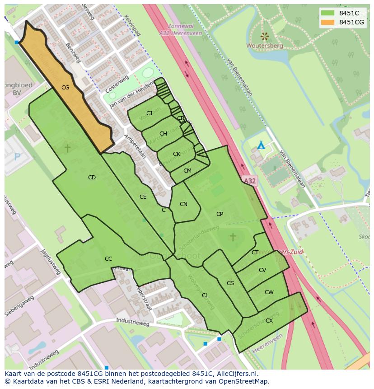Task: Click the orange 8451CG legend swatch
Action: tap(328, 22)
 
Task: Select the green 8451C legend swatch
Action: tap(328, 13)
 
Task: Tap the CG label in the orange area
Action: tap(65, 88)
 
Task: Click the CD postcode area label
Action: tap(92, 178)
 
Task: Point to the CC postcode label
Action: tap(108, 259)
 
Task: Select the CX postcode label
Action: tap(269, 321)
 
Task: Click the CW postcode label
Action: tap(269, 292)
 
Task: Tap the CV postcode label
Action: tap(262, 270)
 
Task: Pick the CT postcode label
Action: tap(255, 253)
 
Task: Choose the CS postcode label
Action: tap(230, 283)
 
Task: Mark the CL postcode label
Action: tap(205, 295)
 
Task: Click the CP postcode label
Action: tap(220, 214)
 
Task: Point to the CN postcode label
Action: tap(183, 204)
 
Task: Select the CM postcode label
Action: tap(187, 171)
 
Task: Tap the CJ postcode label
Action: tap(149, 113)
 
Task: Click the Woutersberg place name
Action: tap(265, 46)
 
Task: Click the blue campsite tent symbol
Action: tap(261, 145)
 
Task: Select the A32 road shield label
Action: tap(249, 181)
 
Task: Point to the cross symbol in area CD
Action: tap(67, 148)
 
